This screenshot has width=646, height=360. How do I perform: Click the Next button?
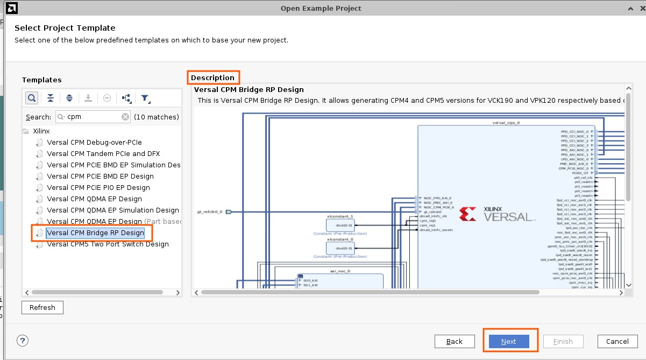508,341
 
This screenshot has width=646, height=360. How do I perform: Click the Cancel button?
617,341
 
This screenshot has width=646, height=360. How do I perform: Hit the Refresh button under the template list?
42,307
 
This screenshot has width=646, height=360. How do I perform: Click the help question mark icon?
23,341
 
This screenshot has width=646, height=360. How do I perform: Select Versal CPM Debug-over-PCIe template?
94,143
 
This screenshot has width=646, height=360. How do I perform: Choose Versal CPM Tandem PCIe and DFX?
103,154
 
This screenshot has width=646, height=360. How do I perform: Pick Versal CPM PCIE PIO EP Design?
98,188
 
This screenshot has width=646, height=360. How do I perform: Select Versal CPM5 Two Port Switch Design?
108,244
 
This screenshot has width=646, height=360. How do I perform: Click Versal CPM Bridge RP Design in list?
95,233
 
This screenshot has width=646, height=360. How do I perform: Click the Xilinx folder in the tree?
41,131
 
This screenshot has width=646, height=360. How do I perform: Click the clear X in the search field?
125,117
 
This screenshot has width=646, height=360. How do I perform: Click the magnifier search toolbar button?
32,98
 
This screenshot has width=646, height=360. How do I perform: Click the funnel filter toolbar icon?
145,98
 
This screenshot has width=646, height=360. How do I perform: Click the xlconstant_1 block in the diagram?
340,225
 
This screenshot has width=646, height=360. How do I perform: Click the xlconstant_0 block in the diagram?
340,248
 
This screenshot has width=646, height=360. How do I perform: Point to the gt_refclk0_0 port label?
210,212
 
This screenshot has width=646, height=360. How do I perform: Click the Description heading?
213,77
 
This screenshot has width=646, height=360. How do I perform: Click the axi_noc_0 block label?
340,271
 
